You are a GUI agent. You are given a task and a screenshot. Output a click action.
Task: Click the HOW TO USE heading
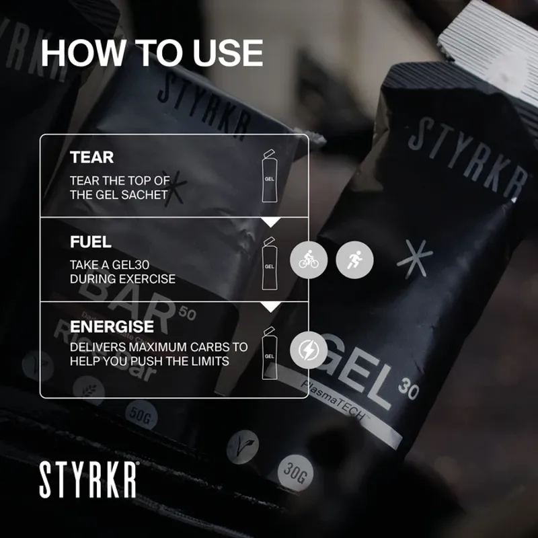click(151, 53)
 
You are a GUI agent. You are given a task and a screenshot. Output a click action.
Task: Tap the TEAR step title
click(91, 158)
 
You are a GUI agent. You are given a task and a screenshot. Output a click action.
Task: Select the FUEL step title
click(91, 241)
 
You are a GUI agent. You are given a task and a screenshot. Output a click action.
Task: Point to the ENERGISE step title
click(112, 326)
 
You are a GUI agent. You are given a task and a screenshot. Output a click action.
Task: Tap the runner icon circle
click(354, 260)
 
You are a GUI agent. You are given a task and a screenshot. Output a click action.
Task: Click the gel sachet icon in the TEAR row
click(269, 177)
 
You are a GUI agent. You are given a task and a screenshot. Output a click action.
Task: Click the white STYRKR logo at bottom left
click(88, 479)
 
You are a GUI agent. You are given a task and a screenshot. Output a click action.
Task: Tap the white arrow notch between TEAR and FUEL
click(270, 221)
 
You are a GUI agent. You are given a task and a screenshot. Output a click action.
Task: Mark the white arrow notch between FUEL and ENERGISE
click(270, 307)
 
